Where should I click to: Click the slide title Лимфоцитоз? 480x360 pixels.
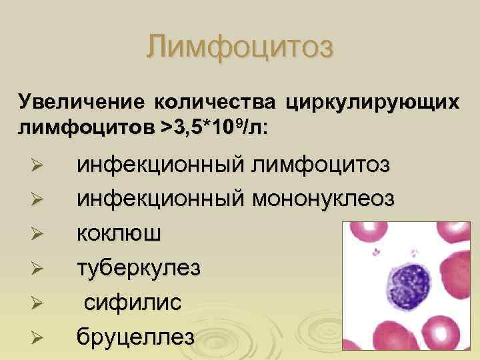coord(240,47)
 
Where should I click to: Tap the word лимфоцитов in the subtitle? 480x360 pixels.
coord(86,127)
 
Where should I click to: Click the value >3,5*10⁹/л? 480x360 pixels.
coord(213,126)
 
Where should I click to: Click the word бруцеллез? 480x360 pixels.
coord(136,336)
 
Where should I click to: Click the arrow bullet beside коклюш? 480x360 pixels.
coord(37,234)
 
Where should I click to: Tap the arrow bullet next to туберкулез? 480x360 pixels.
coord(37,269)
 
